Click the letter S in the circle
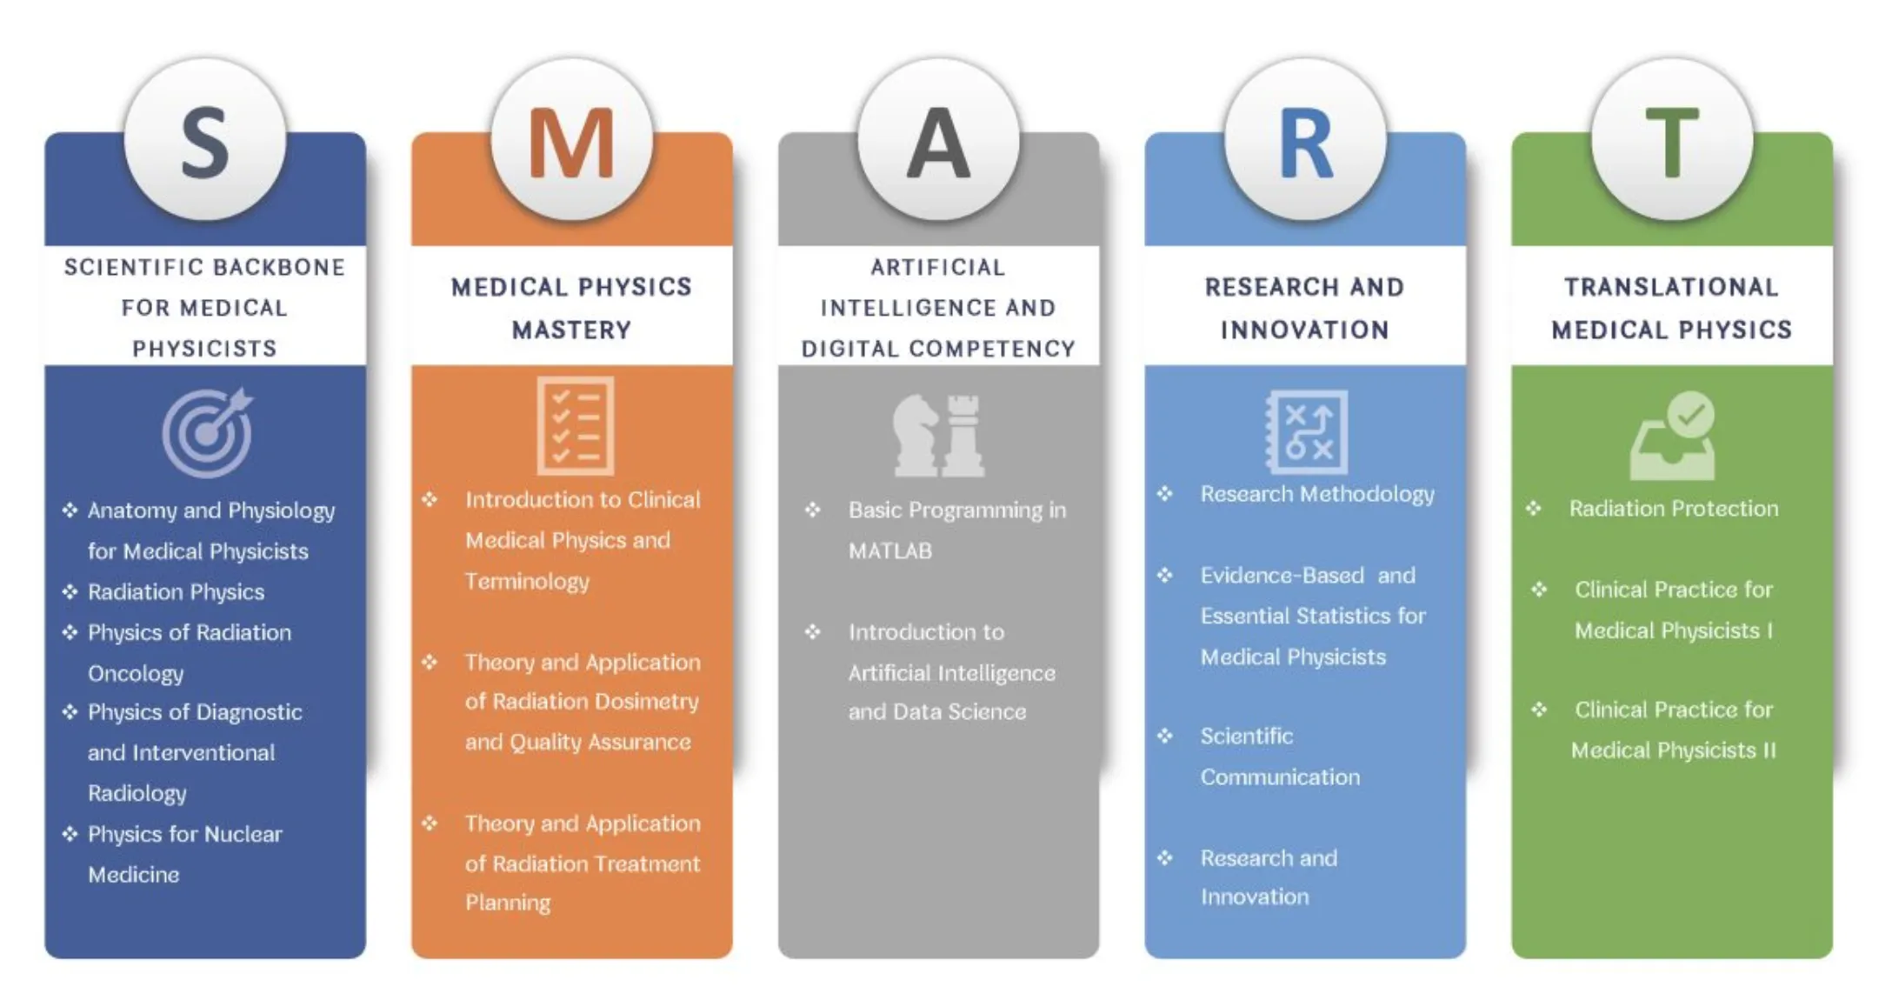[x=205, y=143]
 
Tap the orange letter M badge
[x=571, y=143]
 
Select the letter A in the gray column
[x=938, y=143]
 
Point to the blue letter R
[x=1306, y=143]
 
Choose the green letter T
[x=1672, y=143]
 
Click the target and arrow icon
[x=207, y=432]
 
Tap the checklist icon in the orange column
[x=575, y=425]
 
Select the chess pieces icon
[x=939, y=435]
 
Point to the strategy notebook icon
[x=1306, y=431]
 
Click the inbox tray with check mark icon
[x=1672, y=435]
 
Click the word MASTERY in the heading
[x=571, y=330]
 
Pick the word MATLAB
[x=890, y=551]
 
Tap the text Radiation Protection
[x=1674, y=509]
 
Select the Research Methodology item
[x=1317, y=495]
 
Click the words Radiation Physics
[x=176, y=592]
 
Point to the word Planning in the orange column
[x=508, y=903]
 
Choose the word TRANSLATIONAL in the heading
[x=1671, y=287]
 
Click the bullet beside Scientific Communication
[x=1165, y=737]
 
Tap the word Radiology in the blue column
[x=137, y=794]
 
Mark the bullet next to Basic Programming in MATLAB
[x=812, y=510]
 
